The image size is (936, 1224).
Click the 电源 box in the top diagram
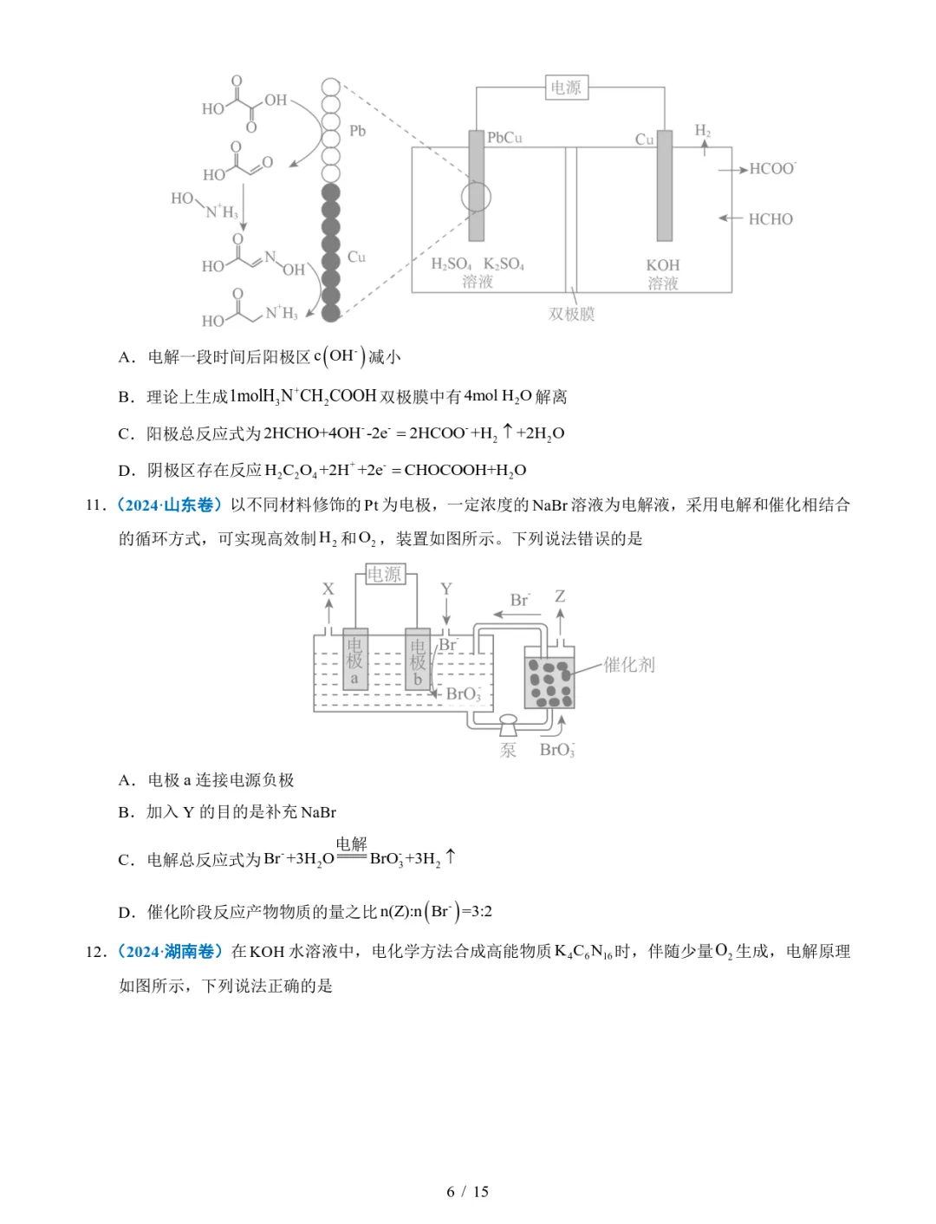point(566,88)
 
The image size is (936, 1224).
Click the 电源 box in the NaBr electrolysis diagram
point(384,574)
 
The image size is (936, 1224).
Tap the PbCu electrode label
point(504,138)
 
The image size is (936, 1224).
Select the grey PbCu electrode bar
point(476,186)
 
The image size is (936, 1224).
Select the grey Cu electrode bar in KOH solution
point(665,186)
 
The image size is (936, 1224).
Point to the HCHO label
point(770,219)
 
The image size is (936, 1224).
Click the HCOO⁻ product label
point(771,169)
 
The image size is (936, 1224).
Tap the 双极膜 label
point(571,314)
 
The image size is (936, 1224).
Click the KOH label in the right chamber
point(663,265)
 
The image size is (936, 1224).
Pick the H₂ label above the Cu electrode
point(703,131)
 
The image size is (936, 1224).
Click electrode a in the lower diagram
point(354,660)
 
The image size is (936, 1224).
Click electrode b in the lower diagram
point(418,660)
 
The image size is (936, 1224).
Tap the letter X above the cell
point(328,589)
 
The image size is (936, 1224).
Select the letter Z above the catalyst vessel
point(560,596)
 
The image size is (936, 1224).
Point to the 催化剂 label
point(629,665)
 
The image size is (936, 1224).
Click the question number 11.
point(95,505)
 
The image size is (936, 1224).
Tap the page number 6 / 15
point(467,1191)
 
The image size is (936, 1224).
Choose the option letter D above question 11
point(126,470)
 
